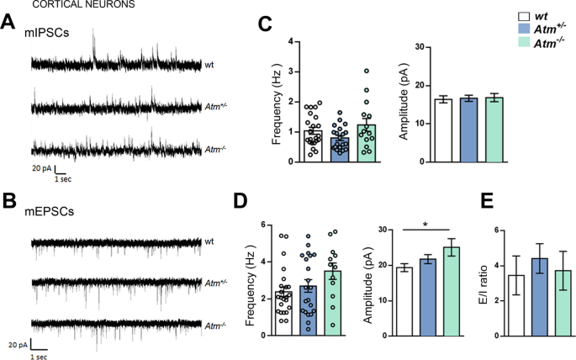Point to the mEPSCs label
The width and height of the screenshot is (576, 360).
[53, 213]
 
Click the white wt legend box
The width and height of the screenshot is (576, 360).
[499, 15]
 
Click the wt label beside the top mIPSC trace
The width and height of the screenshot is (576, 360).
[209, 64]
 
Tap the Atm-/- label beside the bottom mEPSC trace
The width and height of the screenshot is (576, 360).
[217, 323]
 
